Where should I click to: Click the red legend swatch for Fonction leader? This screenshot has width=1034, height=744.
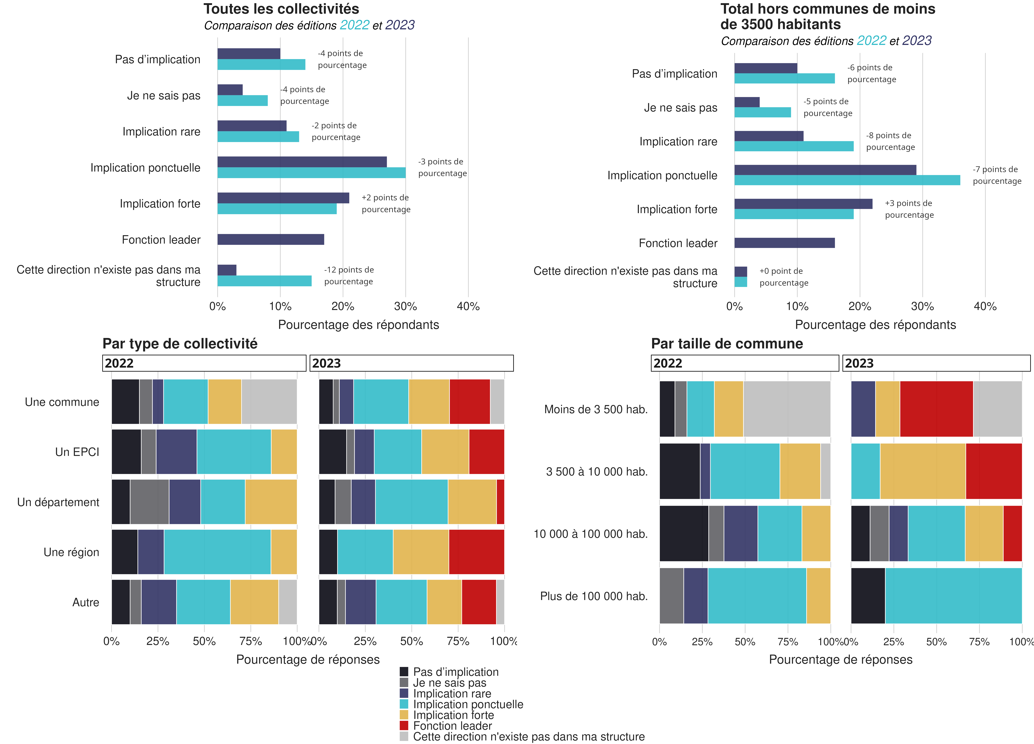coord(404,725)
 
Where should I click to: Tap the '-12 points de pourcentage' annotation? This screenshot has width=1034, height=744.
coord(349,276)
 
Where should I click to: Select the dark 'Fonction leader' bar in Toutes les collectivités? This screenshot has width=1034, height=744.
coord(271,240)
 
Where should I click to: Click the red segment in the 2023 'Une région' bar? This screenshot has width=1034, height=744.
coord(476,552)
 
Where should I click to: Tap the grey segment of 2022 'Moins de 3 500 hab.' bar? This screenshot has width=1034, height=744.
coord(786,409)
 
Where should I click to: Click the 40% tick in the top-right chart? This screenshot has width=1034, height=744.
coord(985,307)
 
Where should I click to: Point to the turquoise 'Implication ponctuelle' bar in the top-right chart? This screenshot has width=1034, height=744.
coord(847,180)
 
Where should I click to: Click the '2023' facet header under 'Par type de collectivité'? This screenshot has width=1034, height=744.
coord(411,363)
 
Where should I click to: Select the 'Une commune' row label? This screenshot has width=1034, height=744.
coord(62,402)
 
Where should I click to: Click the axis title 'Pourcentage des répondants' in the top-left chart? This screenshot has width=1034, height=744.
coord(358,325)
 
